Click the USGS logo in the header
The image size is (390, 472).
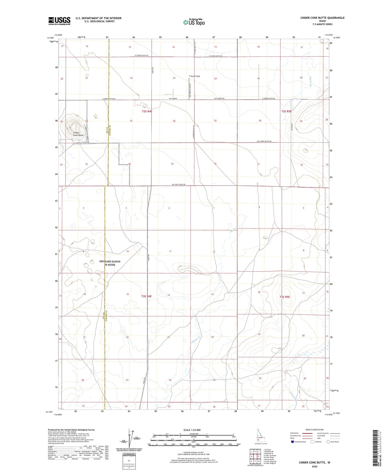59,21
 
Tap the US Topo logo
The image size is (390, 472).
194,22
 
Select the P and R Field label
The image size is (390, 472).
194,76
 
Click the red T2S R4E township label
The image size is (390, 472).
147,111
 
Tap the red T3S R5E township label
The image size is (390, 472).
285,297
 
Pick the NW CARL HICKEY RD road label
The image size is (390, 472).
179,185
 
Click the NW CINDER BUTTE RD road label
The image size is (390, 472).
264,141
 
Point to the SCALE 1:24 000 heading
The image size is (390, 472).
192,430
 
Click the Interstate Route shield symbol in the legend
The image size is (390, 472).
292,442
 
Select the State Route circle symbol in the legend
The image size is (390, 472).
328,442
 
